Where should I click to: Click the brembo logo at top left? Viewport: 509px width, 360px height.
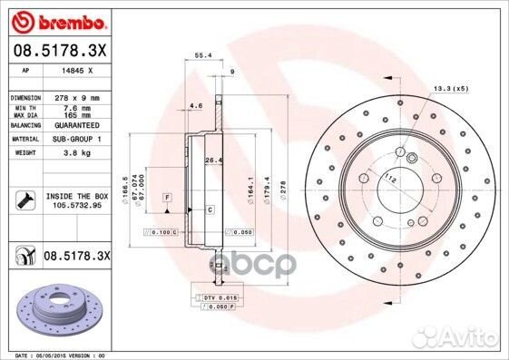(x=56, y=19)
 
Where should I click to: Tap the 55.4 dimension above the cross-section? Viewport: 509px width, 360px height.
(x=204, y=56)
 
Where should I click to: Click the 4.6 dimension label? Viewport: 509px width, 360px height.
(x=196, y=106)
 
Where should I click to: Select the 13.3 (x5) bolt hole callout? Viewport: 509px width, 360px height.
(x=452, y=88)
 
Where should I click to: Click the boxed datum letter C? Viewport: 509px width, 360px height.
(x=210, y=210)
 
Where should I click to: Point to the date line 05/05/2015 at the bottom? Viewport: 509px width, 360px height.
(x=73, y=355)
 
